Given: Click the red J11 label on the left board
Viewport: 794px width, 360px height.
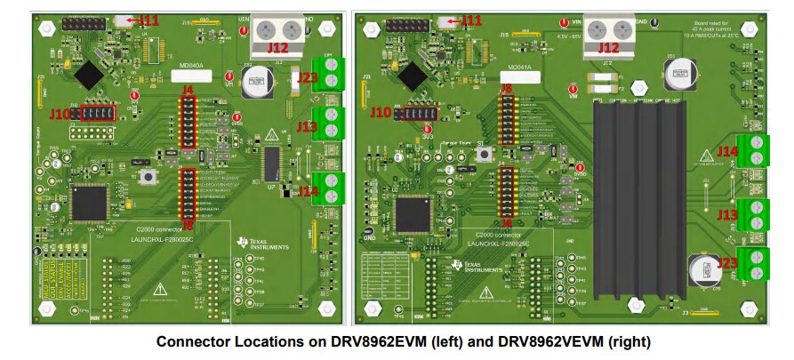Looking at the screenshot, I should (x=149, y=20).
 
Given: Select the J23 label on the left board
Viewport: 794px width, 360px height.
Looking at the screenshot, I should (x=308, y=78).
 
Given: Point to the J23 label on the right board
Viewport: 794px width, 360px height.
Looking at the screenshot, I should (x=727, y=262).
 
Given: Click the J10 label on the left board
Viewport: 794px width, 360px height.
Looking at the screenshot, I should (x=60, y=114).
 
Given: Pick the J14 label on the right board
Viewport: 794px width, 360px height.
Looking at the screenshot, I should (x=728, y=152).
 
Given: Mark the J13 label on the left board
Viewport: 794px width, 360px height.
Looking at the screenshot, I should (x=308, y=127).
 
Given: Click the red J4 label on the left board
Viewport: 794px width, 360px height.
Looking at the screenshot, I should (x=187, y=90).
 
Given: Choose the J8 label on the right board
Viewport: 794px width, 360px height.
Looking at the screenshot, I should (x=506, y=88).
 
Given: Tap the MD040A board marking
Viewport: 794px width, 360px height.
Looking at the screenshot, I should (x=190, y=66).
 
